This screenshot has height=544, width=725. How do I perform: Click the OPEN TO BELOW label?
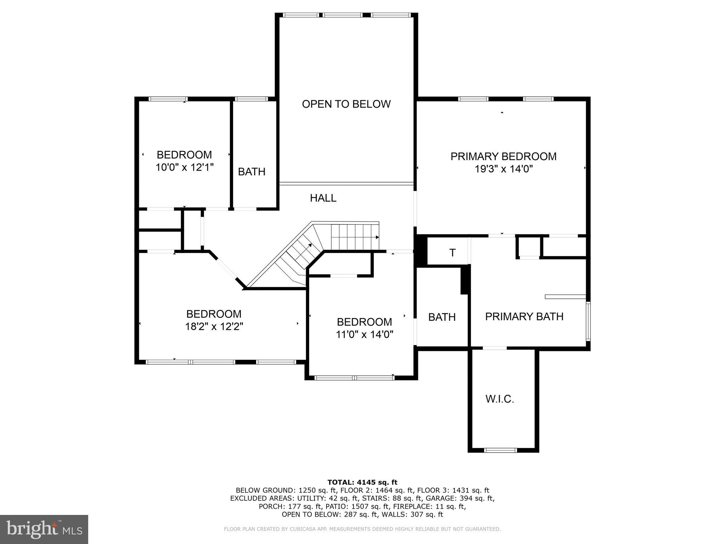346,104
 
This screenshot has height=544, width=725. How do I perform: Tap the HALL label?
323,198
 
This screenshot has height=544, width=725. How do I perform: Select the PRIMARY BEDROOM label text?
503,156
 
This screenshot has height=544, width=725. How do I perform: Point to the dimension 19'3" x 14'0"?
503,169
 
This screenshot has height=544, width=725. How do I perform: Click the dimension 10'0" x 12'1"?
185,167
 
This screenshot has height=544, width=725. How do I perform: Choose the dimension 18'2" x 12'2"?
214,326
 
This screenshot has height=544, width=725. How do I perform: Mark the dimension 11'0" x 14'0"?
364,334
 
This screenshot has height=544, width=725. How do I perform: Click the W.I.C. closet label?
499,399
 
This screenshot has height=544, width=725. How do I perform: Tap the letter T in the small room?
452,253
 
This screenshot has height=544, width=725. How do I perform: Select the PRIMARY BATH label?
524,316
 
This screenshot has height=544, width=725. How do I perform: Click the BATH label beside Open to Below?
251,172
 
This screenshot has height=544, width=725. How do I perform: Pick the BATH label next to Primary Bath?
442,317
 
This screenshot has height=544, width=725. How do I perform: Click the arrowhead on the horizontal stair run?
377,237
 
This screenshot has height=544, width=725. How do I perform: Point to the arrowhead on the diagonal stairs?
310,245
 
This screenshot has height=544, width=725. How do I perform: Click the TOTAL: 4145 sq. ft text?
362,482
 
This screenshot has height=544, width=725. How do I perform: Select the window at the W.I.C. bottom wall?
500,450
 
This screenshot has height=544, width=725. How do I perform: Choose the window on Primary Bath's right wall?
588,321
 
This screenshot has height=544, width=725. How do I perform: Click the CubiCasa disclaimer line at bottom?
362,529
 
